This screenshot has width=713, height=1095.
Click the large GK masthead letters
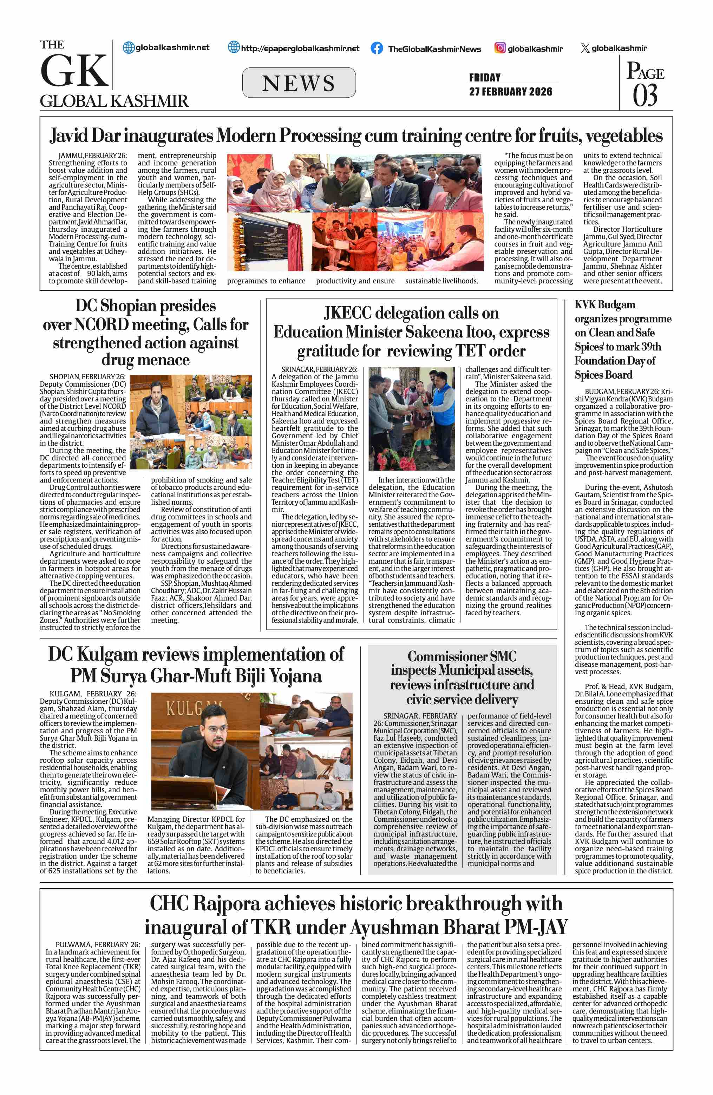(74, 71)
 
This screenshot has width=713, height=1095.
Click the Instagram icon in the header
(500, 48)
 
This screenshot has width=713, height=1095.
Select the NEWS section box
(299, 83)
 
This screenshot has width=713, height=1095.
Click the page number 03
(645, 96)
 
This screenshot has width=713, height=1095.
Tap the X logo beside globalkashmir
(585, 48)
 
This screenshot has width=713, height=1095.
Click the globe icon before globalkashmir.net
(129, 47)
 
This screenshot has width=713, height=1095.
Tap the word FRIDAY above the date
(484, 77)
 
